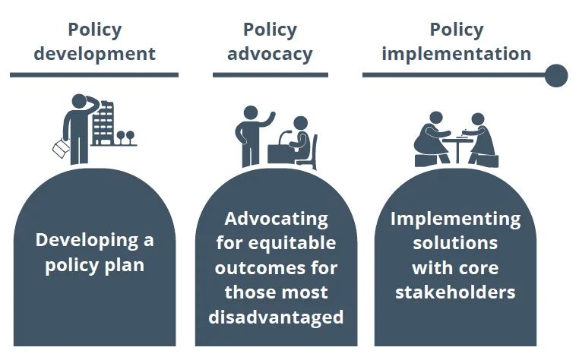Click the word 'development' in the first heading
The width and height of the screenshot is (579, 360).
coord(94,54)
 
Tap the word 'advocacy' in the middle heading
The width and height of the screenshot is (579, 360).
coord(270,54)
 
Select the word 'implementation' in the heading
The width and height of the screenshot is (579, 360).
coord(457,54)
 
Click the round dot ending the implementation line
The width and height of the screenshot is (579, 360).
coord(556,75)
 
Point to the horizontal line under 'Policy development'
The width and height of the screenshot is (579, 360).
coord(94,75)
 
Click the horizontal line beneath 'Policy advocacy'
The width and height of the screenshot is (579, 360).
coord(271,75)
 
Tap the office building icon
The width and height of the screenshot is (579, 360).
coord(103,123)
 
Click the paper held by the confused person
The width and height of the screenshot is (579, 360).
coord(61,147)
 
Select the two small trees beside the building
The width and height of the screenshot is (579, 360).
coord(125,137)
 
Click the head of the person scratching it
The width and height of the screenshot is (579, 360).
coord(79,101)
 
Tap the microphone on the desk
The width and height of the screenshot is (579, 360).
coord(283,137)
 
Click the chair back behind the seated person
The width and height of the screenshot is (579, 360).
coord(315,150)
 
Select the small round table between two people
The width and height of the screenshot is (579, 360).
coord(457,148)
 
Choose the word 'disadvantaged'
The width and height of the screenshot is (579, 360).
coord(277,317)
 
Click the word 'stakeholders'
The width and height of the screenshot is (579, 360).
coord(455,292)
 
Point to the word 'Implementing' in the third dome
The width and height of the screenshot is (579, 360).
coord(455,219)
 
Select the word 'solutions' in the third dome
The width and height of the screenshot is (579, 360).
coord(455,243)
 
